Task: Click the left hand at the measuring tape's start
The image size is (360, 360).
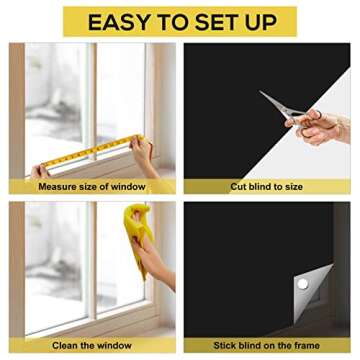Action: point(40,171)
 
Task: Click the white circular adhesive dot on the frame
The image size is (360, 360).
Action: point(302,286)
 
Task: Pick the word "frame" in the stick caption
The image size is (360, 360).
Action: point(303,344)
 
